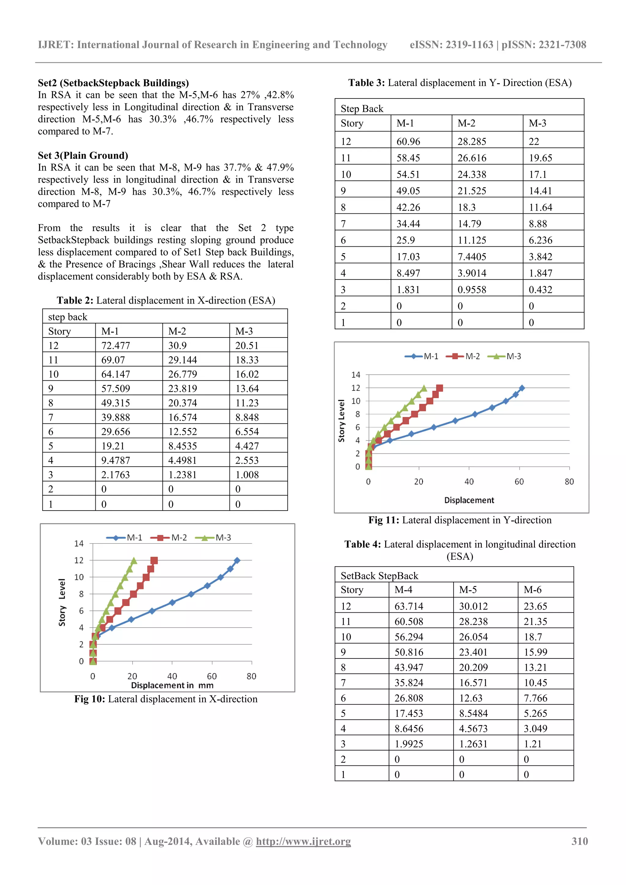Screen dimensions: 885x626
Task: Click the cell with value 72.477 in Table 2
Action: click(115, 345)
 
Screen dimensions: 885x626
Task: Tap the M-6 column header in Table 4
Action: click(532, 589)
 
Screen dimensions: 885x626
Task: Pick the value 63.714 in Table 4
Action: click(409, 606)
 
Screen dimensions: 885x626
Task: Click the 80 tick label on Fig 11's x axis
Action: click(569, 481)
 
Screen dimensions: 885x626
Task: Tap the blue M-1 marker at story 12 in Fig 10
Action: click(237, 560)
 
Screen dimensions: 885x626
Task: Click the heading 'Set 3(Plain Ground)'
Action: click(83, 155)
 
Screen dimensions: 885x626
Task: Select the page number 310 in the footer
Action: click(579, 841)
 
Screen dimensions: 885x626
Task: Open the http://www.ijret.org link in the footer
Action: click(303, 841)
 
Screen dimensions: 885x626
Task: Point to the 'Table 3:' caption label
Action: click(366, 83)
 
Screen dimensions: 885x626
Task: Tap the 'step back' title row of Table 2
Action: click(68, 317)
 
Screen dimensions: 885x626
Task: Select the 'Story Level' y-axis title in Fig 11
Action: click(341, 421)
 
